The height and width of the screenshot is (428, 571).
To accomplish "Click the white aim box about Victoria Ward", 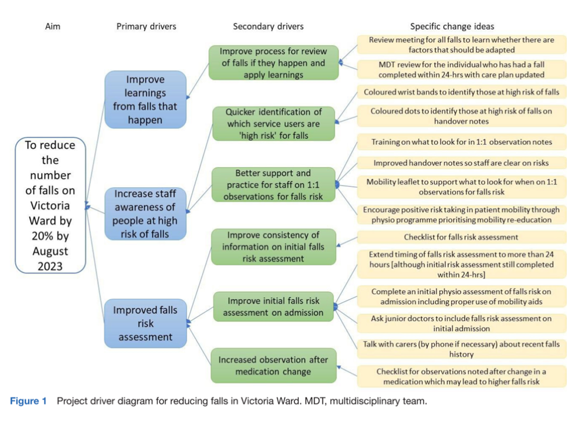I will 50,205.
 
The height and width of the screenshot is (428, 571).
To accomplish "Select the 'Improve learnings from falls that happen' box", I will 145,99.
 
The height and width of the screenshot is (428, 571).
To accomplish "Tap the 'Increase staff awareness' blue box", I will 145,213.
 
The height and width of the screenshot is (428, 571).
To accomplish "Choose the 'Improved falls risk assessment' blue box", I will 145,323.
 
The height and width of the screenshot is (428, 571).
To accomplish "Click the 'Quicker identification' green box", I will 273,123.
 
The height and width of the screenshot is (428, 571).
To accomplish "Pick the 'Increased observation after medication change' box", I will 273,366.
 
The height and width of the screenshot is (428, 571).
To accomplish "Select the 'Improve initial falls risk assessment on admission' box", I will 273,306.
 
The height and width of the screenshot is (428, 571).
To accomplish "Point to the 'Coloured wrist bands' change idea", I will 461,92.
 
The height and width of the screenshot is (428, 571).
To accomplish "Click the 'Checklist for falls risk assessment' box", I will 461,237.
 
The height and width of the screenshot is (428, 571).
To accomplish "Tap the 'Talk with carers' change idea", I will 461,349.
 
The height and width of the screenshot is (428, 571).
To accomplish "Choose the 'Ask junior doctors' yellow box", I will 461,323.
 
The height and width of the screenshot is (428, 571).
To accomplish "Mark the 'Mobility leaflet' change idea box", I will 461,187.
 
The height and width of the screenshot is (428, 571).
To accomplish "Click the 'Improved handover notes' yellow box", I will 461,163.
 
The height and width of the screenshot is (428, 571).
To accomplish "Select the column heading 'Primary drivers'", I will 146,26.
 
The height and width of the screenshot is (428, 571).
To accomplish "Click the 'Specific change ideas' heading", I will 452,26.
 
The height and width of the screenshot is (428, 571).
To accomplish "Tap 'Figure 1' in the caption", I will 28,401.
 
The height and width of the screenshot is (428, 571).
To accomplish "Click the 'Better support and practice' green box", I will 273,184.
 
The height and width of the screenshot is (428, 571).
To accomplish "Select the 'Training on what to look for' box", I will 461,142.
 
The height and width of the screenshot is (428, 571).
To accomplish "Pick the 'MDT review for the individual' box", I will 461,70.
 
